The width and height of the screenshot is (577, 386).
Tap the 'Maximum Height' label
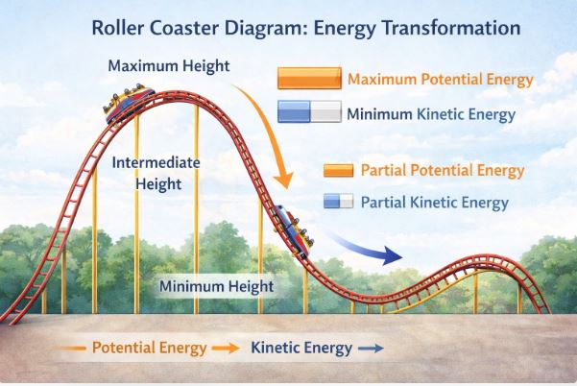point(169,67)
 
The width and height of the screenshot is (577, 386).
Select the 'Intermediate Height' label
point(156,172)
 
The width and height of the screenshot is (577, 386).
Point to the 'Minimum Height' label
point(216,286)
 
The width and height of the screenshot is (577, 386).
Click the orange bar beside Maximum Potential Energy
point(308,79)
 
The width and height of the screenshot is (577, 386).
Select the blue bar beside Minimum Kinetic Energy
point(309,113)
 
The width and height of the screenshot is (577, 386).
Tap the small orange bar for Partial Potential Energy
point(339,171)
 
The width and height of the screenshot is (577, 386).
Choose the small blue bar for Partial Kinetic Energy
point(339,202)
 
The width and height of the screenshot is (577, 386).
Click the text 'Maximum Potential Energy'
point(440,80)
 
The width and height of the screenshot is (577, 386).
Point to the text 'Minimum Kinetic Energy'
point(431,114)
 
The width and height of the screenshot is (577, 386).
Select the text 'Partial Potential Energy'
point(443,171)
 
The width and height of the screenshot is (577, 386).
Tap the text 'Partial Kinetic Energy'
point(435,203)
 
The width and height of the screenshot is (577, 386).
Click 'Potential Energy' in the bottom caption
point(149,348)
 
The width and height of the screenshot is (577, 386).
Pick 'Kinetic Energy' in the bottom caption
point(301,348)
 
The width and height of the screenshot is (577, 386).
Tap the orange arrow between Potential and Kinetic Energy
point(227,349)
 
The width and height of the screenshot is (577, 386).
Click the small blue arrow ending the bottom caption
point(371,349)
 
